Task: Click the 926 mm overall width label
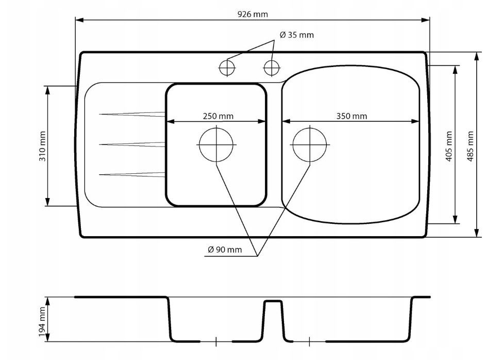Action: (253, 14)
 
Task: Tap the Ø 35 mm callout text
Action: (297, 35)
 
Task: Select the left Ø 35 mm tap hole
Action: (227, 68)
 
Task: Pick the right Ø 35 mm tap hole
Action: (272, 68)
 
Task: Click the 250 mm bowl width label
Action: (218, 116)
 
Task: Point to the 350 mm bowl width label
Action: (351, 116)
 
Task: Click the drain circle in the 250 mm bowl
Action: (216, 145)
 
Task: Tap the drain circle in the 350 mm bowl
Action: (310, 145)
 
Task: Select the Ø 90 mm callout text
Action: (225, 250)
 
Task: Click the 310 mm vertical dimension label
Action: (42, 146)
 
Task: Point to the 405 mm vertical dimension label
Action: (449, 146)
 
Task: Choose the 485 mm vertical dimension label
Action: (470, 146)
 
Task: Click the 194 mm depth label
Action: (42, 322)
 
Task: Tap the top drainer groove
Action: (132, 114)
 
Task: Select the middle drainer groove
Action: (132, 144)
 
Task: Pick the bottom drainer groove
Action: (132, 174)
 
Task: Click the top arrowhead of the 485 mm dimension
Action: (477, 56)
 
